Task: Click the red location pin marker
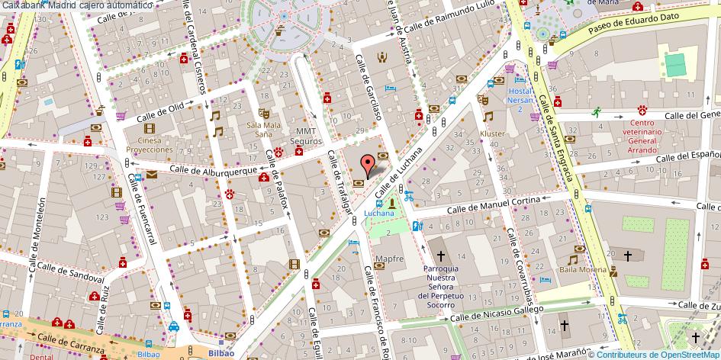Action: tap(367, 163)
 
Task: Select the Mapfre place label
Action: tap(389, 259)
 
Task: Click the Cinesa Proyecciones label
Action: tap(150, 145)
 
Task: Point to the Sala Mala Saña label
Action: tap(264, 130)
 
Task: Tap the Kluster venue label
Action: tap(492, 134)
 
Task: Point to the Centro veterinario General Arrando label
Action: tap(642, 137)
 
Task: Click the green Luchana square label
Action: tap(379, 213)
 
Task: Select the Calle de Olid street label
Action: tap(160, 112)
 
